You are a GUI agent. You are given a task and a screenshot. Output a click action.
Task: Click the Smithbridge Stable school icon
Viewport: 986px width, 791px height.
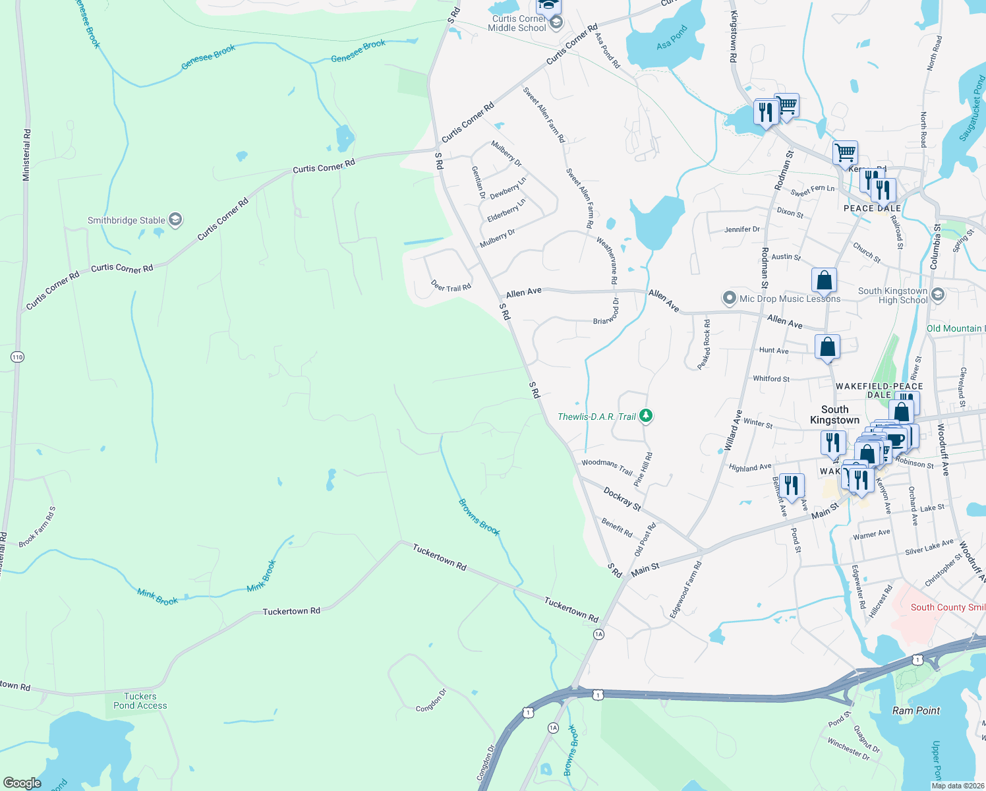(x=175, y=220)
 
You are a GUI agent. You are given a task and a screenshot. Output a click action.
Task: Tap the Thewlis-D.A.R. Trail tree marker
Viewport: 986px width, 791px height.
(x=646, y=416)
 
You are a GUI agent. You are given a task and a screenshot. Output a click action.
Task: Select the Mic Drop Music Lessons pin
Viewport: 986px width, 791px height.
(x=729, y=299)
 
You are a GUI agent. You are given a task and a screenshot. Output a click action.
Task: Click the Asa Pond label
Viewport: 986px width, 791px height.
(x=672, y=37)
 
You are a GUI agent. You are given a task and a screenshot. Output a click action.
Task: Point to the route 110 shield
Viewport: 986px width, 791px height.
(x=17, y=357)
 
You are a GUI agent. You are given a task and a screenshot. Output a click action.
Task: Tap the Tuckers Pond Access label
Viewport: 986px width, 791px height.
(x=140, y=701)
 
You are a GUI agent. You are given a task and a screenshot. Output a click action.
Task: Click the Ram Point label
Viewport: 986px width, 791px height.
(x=915, y=711)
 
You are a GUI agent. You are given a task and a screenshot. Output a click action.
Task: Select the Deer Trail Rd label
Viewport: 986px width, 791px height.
(x=451, y=286)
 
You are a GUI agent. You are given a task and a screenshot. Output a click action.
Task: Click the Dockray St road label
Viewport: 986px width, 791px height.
(x=622, y=499)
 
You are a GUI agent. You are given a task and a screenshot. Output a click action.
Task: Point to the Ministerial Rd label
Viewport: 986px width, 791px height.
(x=26, y=155)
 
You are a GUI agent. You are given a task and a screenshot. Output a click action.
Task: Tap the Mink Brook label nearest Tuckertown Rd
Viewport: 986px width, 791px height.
(x=262, y=576)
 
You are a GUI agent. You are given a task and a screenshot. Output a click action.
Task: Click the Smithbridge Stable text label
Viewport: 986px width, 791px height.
(x=127, y=220)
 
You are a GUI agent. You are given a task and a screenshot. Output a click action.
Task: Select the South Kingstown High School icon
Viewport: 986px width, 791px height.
(x=939, y=295)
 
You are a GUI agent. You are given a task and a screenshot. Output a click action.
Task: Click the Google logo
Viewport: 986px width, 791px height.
(x=22, y=783)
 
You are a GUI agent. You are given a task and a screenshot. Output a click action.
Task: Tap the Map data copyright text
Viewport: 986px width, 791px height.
(x=957, y=786)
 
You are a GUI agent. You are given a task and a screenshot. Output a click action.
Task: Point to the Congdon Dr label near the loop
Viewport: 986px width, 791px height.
(x=431, y=700)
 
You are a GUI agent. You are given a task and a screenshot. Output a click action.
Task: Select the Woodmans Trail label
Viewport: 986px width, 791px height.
(x=607, y=467)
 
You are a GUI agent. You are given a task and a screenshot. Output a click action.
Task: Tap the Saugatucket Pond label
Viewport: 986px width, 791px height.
(x=971, y=109)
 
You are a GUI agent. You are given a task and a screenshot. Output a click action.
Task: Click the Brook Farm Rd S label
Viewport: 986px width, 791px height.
(x=38, y=527)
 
